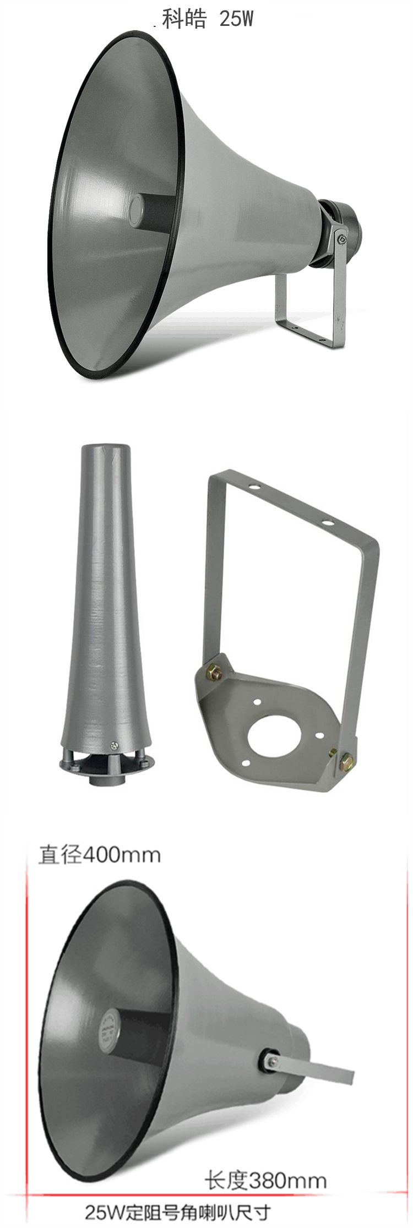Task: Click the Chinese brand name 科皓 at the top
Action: [184, 19]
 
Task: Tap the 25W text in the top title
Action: [236, 19]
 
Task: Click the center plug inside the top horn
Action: [137, 210]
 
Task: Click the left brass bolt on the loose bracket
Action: [214, 672]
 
